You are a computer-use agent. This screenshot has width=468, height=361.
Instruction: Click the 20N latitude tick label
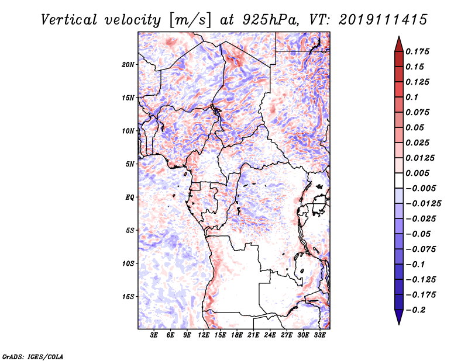point(128,64)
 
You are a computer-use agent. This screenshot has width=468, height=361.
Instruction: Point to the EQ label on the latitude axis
point(130,197)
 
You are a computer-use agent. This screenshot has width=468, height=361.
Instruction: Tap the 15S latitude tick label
point(128,297)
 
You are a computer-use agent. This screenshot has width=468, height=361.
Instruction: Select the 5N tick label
point(130,164)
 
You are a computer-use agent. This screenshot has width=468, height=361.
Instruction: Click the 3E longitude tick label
point(154,335)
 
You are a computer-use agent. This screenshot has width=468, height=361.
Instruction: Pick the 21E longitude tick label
point(253,335)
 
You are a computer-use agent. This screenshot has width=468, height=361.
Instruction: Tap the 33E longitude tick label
point(319,335)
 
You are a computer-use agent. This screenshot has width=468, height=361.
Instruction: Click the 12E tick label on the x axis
point(204,335)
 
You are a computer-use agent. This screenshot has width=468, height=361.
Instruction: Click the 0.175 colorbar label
point(417,51)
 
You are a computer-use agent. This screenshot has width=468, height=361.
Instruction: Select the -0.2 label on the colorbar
point(415,310)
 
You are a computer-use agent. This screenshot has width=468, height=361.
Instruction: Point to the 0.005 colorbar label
point(417,173)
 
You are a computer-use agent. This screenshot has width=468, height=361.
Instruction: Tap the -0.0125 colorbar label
point(423,204)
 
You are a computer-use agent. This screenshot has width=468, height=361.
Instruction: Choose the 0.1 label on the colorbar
point(412,97)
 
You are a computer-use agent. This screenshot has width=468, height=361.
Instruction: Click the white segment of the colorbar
point(399,180)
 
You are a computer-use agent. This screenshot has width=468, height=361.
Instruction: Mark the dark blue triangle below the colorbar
point(399,316)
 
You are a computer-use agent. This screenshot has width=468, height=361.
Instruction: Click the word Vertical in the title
point(69,20)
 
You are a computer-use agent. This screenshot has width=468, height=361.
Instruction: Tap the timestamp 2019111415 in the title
point(383,20)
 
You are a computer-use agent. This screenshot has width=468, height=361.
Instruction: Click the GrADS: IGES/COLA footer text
point(33,356)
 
